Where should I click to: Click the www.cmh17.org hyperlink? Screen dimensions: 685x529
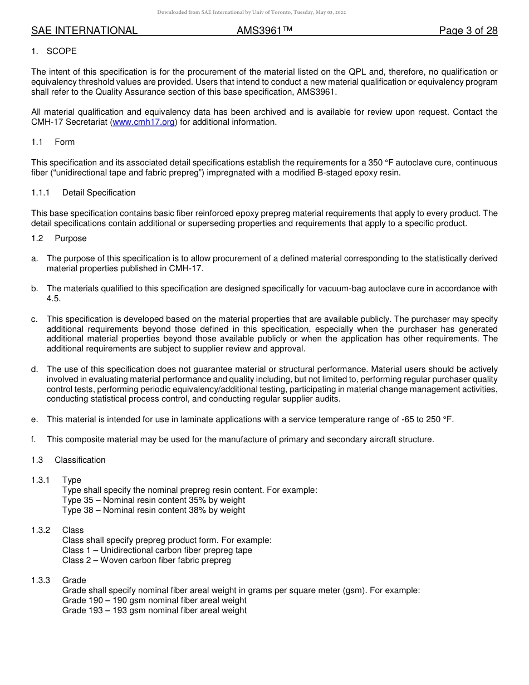(x=144, y=122)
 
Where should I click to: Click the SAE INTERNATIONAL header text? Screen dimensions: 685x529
(x=84, y=31)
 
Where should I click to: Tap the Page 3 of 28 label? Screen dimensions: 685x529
(x=468, y=31)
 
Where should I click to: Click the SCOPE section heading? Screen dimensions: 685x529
(x=62, y=51)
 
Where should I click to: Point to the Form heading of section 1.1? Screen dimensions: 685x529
(x=65, y=142)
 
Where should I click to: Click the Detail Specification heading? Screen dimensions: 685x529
(x=99, y=193)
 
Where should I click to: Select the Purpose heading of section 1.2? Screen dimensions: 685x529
(x=71, y=238)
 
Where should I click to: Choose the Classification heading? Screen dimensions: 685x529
(x=80, y=460)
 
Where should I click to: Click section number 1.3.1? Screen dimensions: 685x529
(x=41, y=480)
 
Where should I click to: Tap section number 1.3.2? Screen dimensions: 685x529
(x=41, y=530)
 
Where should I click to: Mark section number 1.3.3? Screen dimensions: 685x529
(x=41, y=580)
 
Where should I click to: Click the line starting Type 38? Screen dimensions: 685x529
(x=153, y=510)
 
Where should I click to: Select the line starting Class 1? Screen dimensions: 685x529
(x=157, y=550)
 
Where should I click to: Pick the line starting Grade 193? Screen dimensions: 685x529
(x=154, y=610)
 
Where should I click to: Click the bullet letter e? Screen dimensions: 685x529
(x=34, y=419)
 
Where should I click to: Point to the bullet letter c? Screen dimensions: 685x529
(x=34, y=319)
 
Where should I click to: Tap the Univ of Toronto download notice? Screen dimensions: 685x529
(x=251, y=12)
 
